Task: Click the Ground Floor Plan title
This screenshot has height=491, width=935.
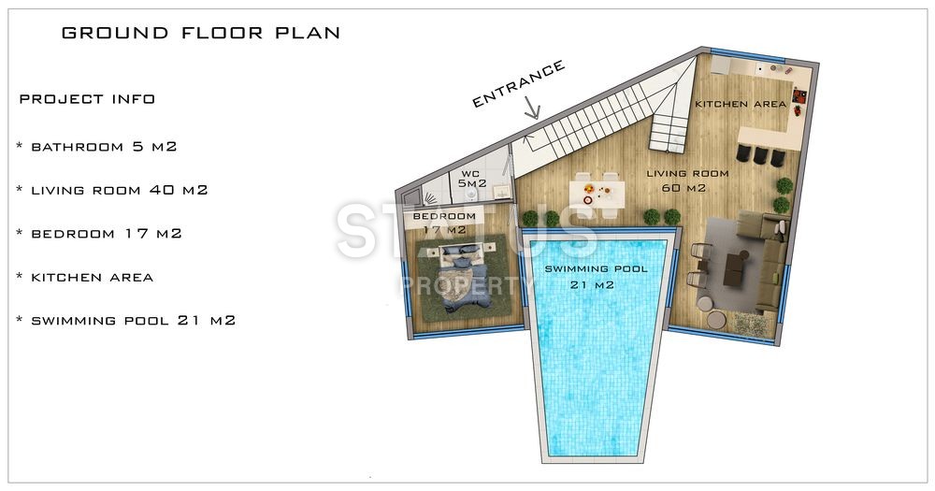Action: click(x=201, y=33)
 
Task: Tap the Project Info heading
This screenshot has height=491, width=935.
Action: click(x=87, y=99)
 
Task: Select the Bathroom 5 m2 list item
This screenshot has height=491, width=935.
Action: click(x=97, y=147)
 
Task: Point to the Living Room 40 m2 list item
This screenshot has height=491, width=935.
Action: click(x=113, y=190)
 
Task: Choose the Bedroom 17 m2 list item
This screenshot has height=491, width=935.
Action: click(x=100, y=234)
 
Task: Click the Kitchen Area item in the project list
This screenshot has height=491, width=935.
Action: click(x=85, y=278)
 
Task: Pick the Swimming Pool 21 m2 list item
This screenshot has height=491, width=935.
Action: click(x=126, y=321)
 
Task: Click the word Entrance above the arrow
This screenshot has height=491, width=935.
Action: click(x=518, y=84)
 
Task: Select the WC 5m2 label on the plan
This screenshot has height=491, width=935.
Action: click(x=471, y=179)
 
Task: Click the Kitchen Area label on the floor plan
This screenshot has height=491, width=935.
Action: click(x=741, y=105)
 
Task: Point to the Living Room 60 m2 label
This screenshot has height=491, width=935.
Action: click(x=687, y=181)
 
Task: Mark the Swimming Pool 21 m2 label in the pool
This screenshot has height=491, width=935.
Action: click(x=595, y=277)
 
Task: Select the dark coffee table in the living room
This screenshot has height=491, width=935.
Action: click(x=735, y=267)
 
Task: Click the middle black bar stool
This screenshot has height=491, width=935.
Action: click(x=760, y=155)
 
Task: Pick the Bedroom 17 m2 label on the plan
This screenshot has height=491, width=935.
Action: click(x=444, y=223)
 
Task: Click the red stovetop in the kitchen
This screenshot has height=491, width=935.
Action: click(x=799, y=96)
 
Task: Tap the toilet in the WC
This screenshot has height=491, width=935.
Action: click(x=471, y=195)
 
